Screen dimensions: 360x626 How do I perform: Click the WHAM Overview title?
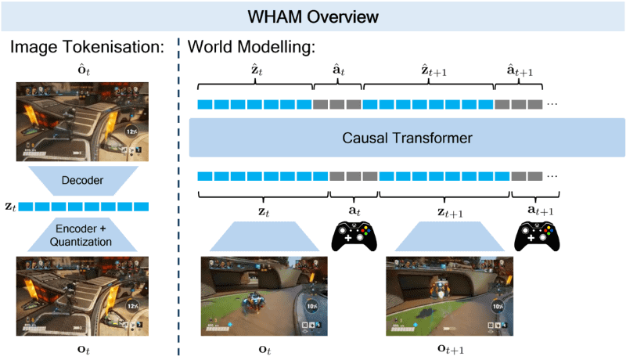(x=313, y=16)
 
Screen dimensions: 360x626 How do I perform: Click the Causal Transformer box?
(x=407, y=139)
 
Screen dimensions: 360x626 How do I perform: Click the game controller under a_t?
(x=354, y=235)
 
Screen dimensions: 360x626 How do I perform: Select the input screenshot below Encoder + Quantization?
(x=83, y=297)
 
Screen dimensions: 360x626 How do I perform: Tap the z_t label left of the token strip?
(x=9, y=207)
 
